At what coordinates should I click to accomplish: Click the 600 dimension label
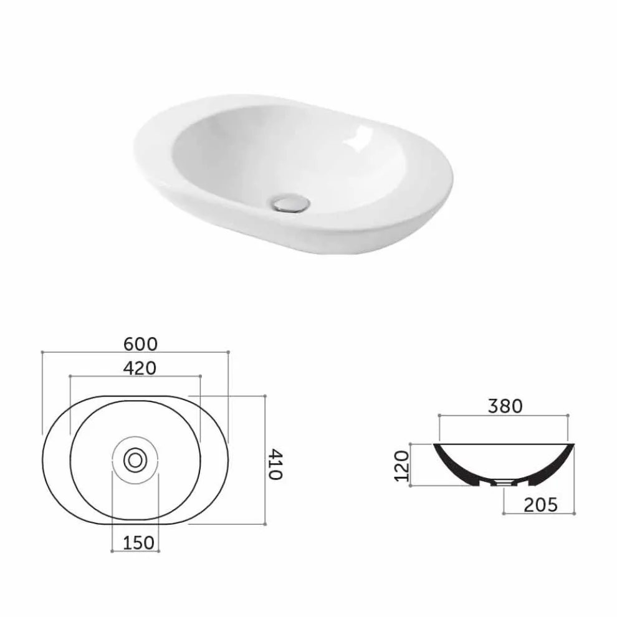point(140,344)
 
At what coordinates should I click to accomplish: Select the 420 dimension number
point(140,368)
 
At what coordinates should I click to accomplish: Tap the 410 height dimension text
point(275,465)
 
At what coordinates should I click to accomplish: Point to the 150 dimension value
point(138,543)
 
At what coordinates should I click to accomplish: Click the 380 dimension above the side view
point(505,406)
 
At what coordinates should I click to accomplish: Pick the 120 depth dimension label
point(402,466)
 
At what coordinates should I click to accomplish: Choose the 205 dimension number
point(540,505)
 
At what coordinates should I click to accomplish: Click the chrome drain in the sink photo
point(290,203)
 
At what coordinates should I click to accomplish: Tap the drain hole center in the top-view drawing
point(135,460)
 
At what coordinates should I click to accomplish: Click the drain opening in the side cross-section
point(504,482)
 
